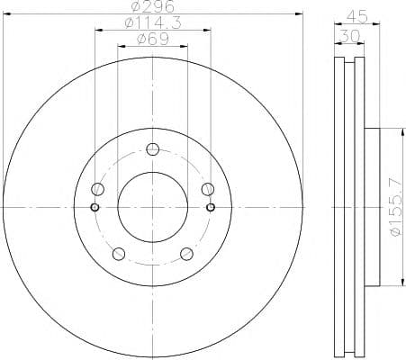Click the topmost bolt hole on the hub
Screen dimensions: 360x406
point(152,149)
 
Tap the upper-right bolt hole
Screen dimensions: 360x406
point(207,188)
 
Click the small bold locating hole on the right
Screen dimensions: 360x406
point(211,207)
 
